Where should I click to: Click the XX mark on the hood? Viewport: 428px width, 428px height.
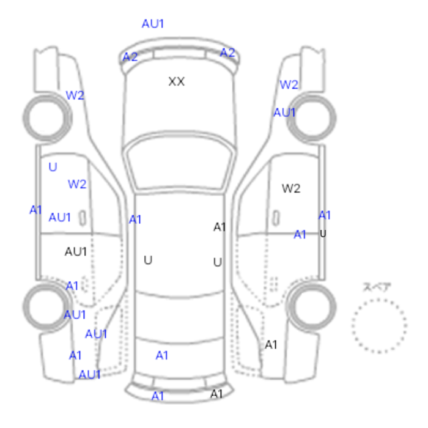tap(177, 81)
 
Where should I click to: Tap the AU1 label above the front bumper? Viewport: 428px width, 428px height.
tap(153, 24)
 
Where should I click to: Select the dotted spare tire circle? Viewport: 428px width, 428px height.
tap(379, 326)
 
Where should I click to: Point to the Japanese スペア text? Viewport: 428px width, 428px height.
tap(377, 287)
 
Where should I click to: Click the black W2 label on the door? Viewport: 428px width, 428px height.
tap(291, 188)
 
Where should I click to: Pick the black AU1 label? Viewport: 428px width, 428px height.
tap(76, 251)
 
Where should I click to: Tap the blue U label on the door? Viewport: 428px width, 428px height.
tap(53, 167)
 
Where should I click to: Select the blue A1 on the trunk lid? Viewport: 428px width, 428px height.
tap(161, 355)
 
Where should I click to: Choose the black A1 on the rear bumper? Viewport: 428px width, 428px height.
tap(216, 394)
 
